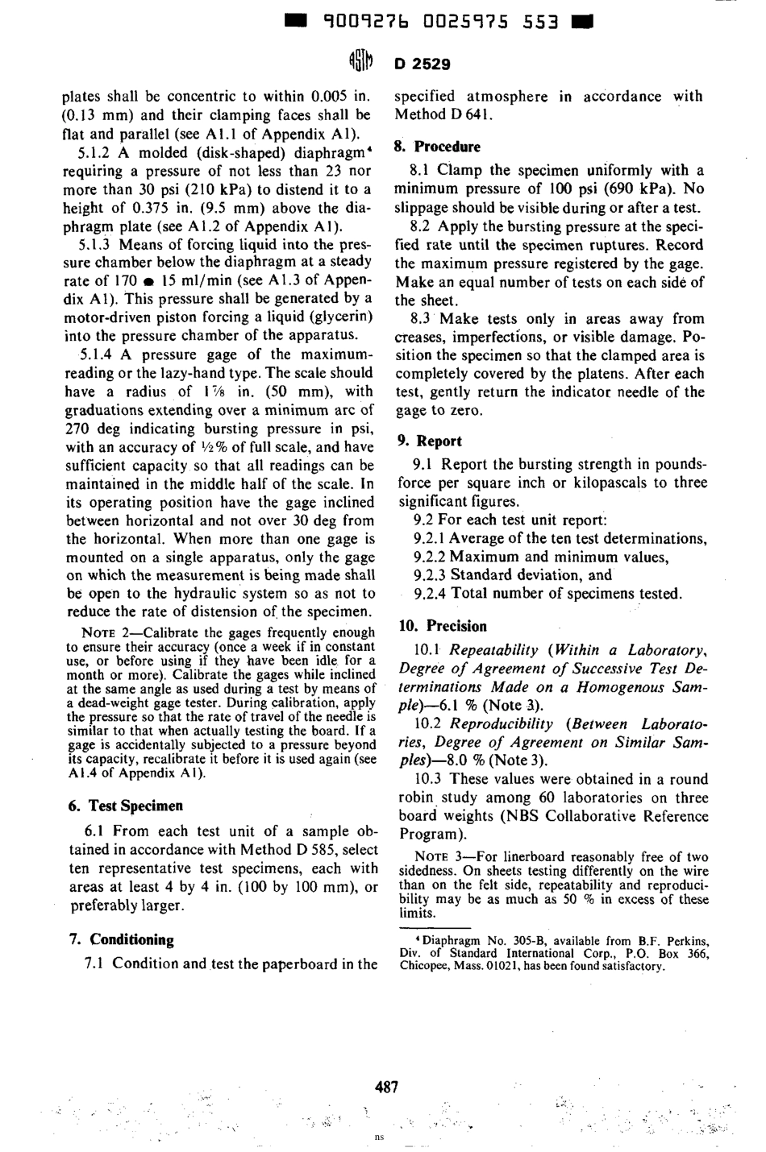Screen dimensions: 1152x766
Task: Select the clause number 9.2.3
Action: (x=430, y=575)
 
